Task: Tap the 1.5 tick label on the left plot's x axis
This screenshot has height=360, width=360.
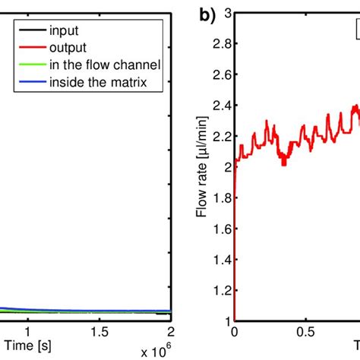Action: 99,332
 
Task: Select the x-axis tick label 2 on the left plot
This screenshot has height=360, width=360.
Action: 170,332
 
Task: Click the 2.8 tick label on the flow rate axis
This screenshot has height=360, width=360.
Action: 221,46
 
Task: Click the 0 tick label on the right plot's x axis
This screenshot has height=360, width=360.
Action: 234,332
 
